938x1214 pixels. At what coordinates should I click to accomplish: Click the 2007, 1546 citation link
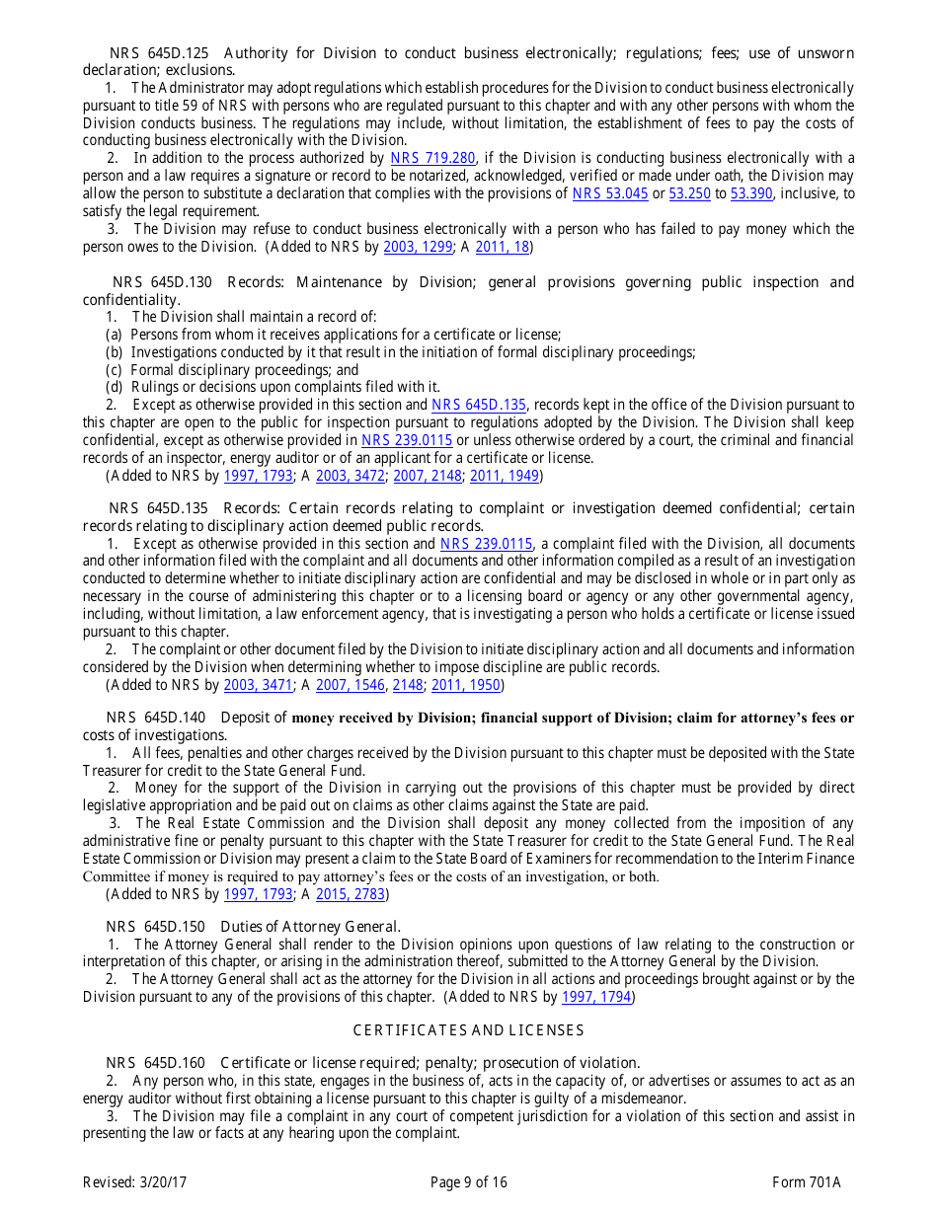(x=351, y=685)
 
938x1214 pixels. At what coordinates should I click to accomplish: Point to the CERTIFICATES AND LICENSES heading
(x=468, y=1030)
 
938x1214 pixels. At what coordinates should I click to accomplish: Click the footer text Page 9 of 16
(x=468, y=1182)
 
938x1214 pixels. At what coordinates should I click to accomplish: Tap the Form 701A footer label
(x=806, y=1182)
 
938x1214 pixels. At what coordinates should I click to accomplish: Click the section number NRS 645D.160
(x=156, y=1063)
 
